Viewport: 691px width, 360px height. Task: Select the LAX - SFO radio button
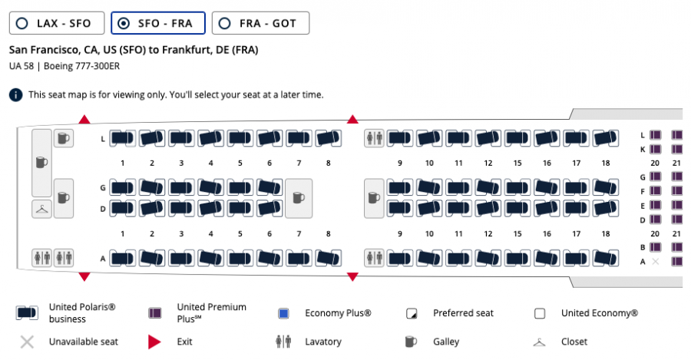22,23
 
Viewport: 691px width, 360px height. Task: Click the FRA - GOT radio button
225,23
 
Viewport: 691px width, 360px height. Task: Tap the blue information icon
16,94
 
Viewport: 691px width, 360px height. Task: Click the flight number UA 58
21,66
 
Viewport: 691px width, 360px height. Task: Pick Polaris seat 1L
122,138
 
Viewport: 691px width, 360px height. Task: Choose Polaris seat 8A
328,258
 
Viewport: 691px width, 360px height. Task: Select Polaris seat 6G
269,187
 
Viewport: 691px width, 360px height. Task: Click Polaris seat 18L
606,138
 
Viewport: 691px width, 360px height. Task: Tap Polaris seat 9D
400,208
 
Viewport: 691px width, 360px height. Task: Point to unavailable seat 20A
656,262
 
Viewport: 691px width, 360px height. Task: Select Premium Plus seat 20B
656,247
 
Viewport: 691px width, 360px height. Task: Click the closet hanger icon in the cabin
42,209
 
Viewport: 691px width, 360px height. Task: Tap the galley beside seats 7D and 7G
299,198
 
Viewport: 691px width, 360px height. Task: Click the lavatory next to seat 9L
374,138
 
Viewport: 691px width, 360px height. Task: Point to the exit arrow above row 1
84,120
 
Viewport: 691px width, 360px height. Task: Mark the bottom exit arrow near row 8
352,276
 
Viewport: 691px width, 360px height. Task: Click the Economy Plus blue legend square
283,313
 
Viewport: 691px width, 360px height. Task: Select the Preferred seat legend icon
412,314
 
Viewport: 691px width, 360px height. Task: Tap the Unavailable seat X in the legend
27,342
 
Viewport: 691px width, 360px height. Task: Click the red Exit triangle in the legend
154,342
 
